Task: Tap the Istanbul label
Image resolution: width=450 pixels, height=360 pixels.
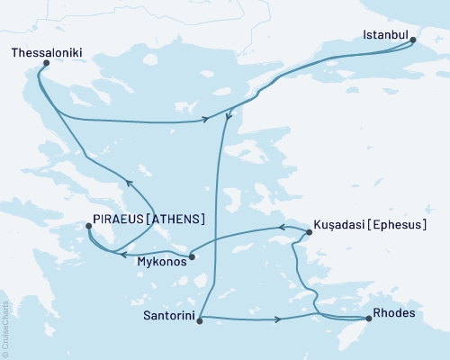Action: coord(384,37)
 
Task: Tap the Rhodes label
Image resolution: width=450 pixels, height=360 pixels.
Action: coord(396,317)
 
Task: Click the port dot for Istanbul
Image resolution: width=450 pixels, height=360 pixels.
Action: coord(412,39)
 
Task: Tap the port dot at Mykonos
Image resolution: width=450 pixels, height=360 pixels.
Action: coord(192,257)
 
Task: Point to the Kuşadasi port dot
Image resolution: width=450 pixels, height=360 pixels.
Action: coord(309,232)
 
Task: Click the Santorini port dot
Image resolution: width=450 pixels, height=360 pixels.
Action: coord(199,318)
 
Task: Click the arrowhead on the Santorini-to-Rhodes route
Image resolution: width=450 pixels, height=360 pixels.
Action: coord(280,319)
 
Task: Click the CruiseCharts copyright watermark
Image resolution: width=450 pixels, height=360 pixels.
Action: coord(6,326)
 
